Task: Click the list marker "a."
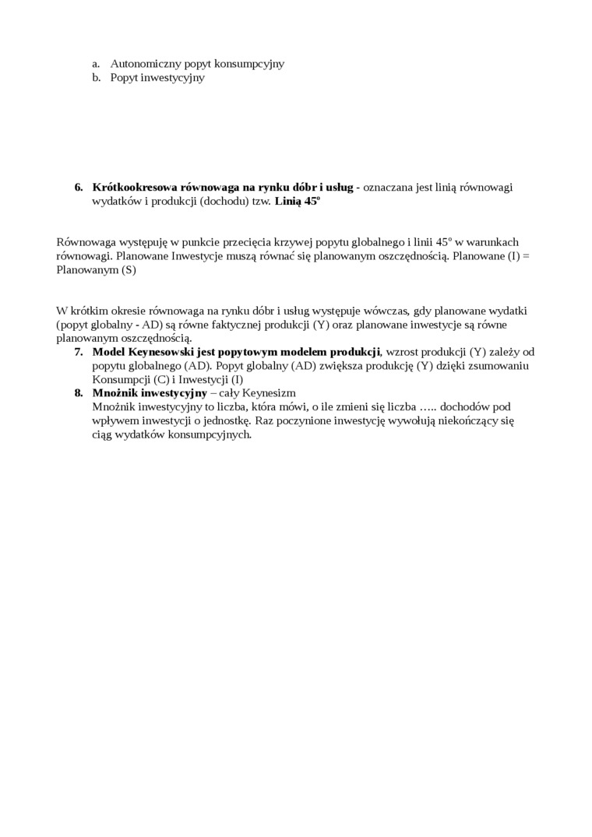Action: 96,64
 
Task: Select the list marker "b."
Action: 96,78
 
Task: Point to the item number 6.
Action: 79,187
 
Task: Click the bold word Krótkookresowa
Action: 135,187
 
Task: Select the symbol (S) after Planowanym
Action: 129,270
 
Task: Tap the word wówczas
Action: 381,311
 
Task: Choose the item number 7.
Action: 79,352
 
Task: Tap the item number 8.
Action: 79,393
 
